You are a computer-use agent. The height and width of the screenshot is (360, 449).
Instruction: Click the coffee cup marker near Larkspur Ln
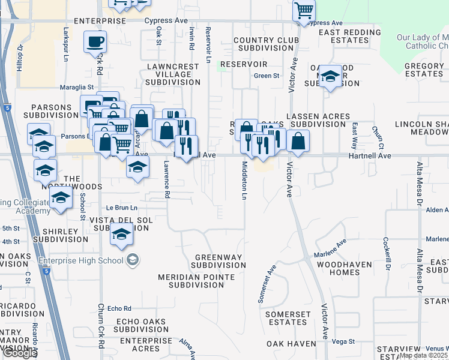click(x=95, y=42)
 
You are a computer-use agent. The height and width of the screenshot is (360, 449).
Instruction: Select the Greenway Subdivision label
click(x=218, y=261)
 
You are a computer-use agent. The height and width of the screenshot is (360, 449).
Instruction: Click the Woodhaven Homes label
click(x=346, y=268)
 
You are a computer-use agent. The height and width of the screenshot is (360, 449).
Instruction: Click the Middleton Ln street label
click(x=244, y=180)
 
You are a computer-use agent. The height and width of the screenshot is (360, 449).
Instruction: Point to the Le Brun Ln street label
click(x=122, y=208)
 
